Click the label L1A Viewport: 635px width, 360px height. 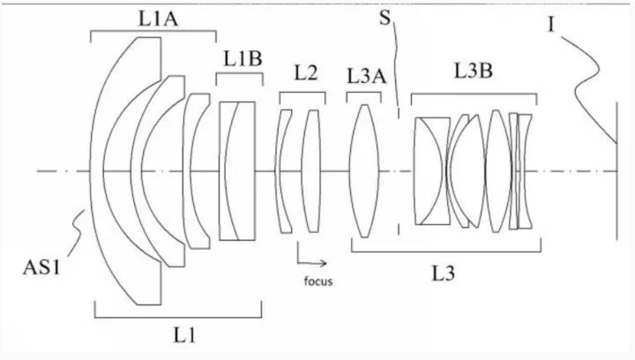158,19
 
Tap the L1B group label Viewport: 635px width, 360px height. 243,59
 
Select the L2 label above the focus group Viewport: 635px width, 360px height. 306,73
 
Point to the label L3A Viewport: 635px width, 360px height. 367,76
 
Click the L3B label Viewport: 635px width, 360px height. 473,71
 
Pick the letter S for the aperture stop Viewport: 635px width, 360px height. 385,18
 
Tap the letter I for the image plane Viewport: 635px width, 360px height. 550,25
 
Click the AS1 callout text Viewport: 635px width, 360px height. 41,267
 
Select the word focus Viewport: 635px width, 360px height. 318,281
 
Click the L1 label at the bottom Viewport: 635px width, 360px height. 184,335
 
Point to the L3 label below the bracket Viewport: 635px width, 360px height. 443,274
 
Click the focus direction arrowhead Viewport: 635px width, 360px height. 323,263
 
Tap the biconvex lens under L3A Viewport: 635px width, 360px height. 364,171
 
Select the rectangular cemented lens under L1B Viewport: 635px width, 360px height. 237,171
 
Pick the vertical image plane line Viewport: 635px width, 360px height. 616,171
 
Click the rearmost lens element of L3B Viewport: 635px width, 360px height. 525,171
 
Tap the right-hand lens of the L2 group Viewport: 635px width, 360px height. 311,171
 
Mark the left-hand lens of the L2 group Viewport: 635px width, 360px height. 282,171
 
